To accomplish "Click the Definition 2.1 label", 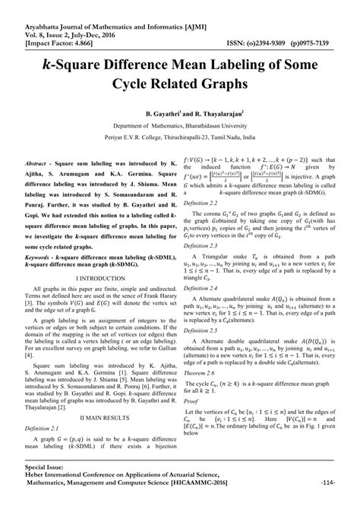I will (x=45, y=428).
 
